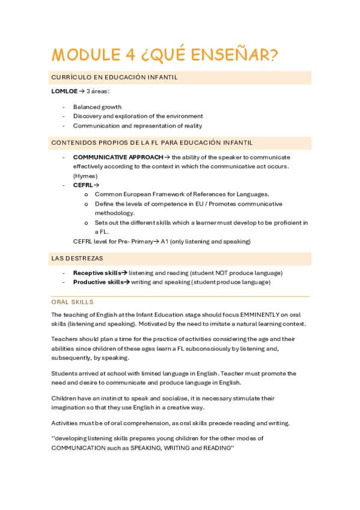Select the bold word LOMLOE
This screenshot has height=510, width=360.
[64, 91]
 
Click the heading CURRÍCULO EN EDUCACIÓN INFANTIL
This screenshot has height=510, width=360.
[114, 78]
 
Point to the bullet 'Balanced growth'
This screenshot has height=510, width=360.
[97, 107]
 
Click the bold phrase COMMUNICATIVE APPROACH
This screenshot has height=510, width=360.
[118, 157]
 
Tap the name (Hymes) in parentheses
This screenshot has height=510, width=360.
[85, 176]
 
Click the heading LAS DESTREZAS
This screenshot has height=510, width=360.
[77, 259]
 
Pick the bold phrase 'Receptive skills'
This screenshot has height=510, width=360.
[97, 272]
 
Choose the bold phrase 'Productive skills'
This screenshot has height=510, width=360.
[98, 282]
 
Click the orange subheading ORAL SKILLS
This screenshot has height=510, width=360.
[72, 302]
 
